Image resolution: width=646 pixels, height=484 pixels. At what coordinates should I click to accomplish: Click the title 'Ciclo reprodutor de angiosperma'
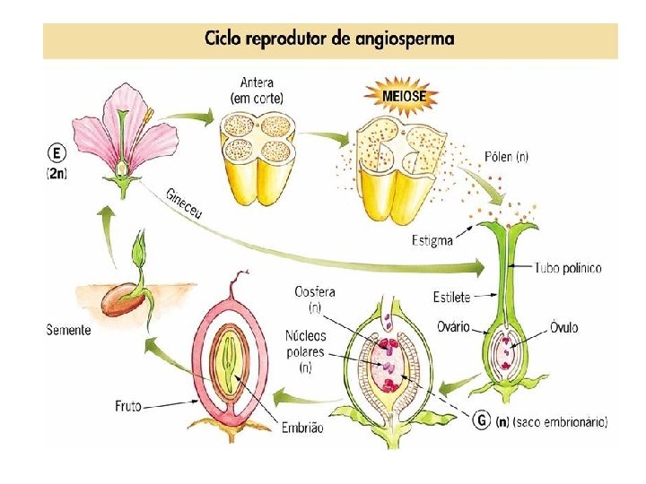tap(329, 39)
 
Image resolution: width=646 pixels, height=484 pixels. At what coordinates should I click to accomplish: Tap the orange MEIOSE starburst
tap(404, 94)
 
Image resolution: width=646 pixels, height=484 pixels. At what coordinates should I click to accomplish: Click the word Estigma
tap(432, 239)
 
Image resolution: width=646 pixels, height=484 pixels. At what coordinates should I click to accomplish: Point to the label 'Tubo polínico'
tap(568, 268)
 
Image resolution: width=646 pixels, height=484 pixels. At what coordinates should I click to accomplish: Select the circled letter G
tap(483, 419)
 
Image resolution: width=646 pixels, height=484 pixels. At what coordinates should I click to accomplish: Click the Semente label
tap(68, 330)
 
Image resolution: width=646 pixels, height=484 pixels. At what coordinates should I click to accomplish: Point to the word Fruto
tap(129, 405)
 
